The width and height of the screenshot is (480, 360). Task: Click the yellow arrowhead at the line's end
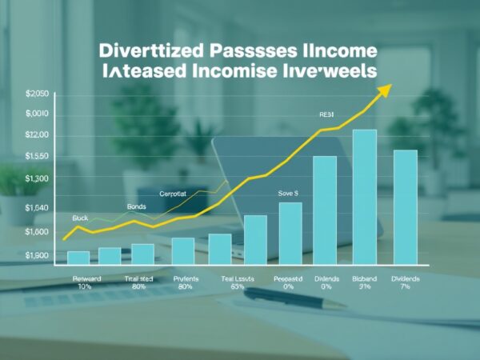[382, 89]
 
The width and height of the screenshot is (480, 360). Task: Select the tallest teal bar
[364, 196]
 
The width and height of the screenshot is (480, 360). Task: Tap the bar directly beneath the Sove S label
[290, 232]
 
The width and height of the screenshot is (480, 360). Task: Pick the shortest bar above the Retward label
[78, 257]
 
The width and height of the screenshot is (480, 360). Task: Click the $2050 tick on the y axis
[38, 94]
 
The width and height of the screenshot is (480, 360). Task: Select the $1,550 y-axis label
[38, 155]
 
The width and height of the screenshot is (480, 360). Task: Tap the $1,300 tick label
[38, 178]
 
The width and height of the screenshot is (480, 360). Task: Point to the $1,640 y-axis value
[38, 208]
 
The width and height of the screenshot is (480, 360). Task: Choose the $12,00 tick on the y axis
[38, 134]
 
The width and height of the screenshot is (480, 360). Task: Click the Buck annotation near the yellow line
[81, 218]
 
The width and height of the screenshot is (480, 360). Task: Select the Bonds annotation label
[138, 207]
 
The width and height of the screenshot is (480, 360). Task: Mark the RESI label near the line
[326, 115]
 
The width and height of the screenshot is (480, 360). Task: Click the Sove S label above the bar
[288, 193]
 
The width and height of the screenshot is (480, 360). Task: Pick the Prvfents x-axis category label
[185, 278]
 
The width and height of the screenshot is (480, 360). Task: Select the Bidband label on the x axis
[364, 278]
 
